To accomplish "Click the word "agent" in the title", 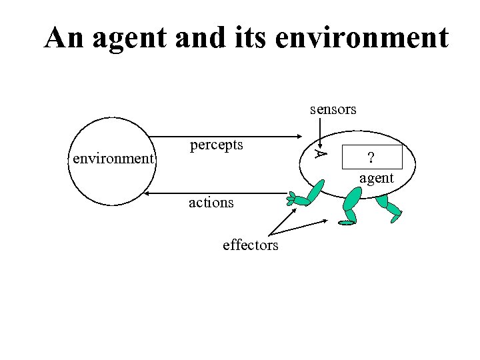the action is click(x=131, y=38).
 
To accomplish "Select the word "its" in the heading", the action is click(x=249, y=38).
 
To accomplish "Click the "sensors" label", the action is click(x=333, y=109).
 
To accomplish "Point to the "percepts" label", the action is click(x=217, y=144).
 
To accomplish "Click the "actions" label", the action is click(x=211, y=202).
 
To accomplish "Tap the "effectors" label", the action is click(x=251, y=245).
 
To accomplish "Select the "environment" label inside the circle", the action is click(x=113, y=159).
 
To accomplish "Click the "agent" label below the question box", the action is click(x=377, y=178).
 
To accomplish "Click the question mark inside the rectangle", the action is click(x=371, y=157).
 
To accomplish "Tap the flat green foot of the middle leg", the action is click(x=347, y=223).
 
